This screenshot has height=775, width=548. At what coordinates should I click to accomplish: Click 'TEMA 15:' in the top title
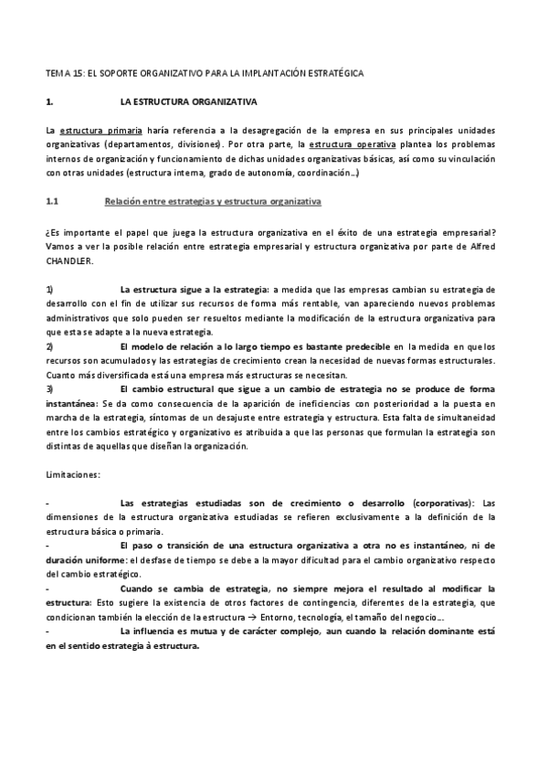tap(62, 71)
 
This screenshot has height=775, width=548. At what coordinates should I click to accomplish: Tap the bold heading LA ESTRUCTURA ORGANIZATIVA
tap(188, 101)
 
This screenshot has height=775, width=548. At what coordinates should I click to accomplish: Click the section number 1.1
tap(52, 199)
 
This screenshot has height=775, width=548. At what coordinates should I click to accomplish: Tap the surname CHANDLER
tap(68, 259)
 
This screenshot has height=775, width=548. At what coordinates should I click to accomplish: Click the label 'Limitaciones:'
tap(74, 473)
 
